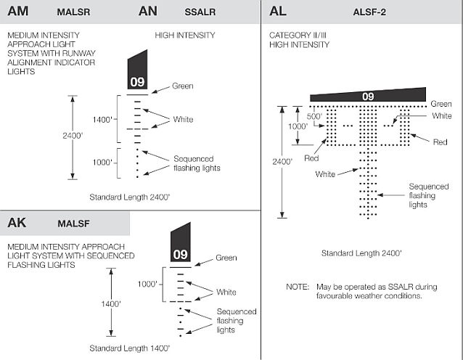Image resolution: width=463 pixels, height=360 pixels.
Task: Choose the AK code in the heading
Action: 17,223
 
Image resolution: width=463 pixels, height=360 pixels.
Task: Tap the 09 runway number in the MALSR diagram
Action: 136,82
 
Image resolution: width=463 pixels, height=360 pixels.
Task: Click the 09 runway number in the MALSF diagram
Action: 179,255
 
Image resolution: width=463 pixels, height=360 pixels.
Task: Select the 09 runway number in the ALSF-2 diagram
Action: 368,97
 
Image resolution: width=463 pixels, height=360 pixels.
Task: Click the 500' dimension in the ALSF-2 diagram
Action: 314,115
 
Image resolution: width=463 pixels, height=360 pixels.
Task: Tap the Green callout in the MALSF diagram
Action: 226,258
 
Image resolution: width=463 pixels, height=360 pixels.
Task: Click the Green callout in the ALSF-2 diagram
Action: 441,105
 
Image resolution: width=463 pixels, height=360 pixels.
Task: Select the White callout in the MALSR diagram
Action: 184,119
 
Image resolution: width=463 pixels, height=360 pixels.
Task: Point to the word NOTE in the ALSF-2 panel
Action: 298,287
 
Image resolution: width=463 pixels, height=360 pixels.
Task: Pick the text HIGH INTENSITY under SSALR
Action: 185,35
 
